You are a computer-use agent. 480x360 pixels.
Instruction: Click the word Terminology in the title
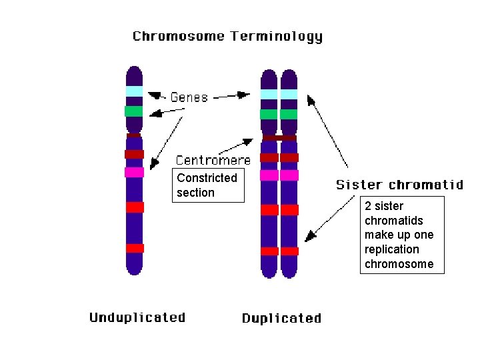[x=277, y=37]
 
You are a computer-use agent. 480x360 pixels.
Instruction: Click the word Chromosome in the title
[x=179, y=36]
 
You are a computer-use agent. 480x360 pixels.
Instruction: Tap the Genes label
[x=189, y=97]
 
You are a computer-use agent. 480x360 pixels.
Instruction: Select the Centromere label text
[x=213, y=160]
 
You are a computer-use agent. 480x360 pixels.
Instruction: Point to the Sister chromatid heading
[x=399, y=185]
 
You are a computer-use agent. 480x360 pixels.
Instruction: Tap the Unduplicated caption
[x=137, y=317]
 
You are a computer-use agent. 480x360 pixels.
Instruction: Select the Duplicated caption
[x=281, y=318]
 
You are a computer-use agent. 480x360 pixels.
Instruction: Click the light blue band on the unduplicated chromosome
[x=135, y=91]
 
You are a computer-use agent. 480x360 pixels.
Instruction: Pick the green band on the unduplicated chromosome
[x=134, y=111]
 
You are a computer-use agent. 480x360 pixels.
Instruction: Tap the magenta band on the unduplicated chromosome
[x=134, y=172]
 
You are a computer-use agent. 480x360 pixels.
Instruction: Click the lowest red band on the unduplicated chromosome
[x=135, y=248]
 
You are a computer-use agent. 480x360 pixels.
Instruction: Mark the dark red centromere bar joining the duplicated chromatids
[x=279, y=138]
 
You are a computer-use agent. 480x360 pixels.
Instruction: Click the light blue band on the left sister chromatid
[x=269, y=94]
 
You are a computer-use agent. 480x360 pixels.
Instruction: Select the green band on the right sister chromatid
[x=289, y=114]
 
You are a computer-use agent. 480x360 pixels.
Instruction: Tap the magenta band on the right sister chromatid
[x=289, y=175]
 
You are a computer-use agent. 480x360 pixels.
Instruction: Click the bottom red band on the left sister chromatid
[x=269, y=251]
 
